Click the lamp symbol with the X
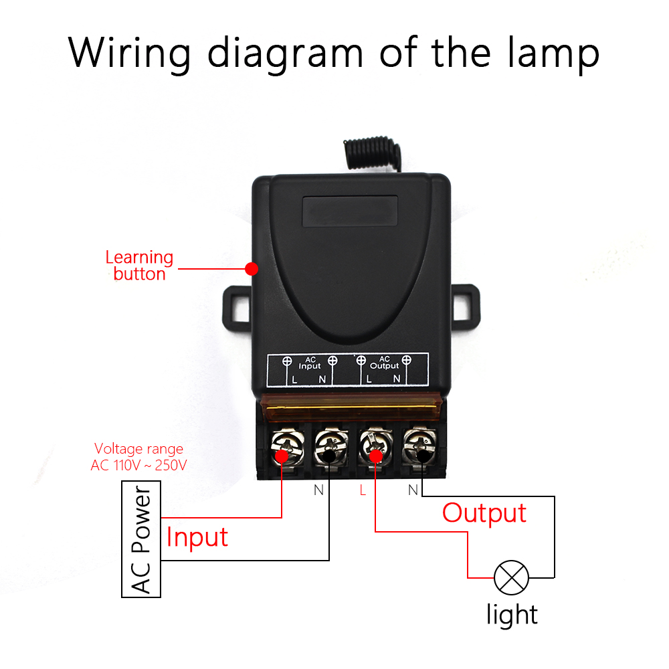511,577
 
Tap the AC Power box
142,541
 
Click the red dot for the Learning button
252,269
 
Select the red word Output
484,513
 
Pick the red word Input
197,537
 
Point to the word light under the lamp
512,614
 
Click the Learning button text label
139,266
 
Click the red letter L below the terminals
363,490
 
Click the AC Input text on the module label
310,363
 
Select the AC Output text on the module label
384,363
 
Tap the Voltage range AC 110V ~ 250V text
138,457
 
